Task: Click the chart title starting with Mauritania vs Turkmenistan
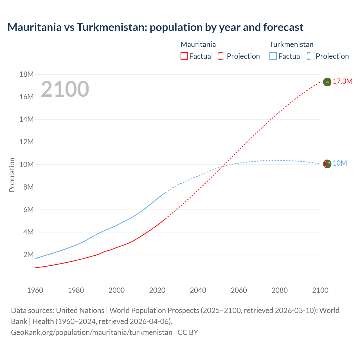click(x=155, y=27)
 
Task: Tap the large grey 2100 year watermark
click(x=65, y=89)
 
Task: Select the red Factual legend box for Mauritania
click(x=184, y=56)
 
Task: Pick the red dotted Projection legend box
click(x=222, y=56)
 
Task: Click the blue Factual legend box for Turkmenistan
click(x=273, y=56)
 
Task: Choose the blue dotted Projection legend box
click(x=310, y=56)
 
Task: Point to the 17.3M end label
click(x=343, y=82)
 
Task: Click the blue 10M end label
click(x=340, y=163)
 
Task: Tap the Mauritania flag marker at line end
click(x=327, y=82)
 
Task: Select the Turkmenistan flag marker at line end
click(x=327, y=164)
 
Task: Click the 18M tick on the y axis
click(x=26, y=75)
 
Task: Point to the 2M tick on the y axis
click(x=28, y=255)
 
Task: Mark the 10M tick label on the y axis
click(x=26, y=165)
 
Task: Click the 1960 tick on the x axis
click(x=35, y=290)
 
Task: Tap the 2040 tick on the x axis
click(x=198, y=290)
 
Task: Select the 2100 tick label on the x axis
click(x=320, y=290)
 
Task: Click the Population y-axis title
click(x=12, y=175)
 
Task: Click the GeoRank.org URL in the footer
click(x=92, y=332)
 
